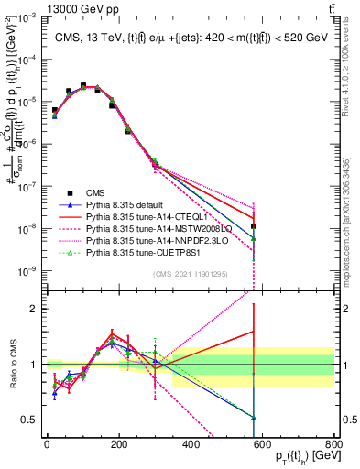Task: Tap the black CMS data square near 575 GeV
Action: (254, 225)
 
